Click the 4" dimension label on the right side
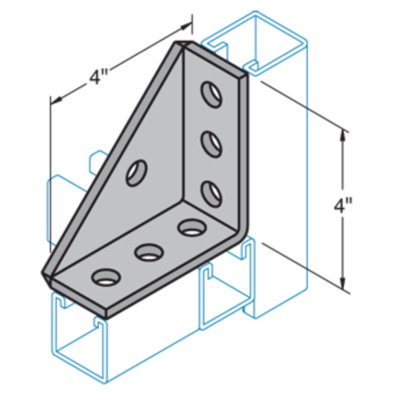[343, 208]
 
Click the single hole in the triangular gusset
[136, 173]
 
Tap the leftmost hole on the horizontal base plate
[105, 278]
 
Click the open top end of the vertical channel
[254, 41]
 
